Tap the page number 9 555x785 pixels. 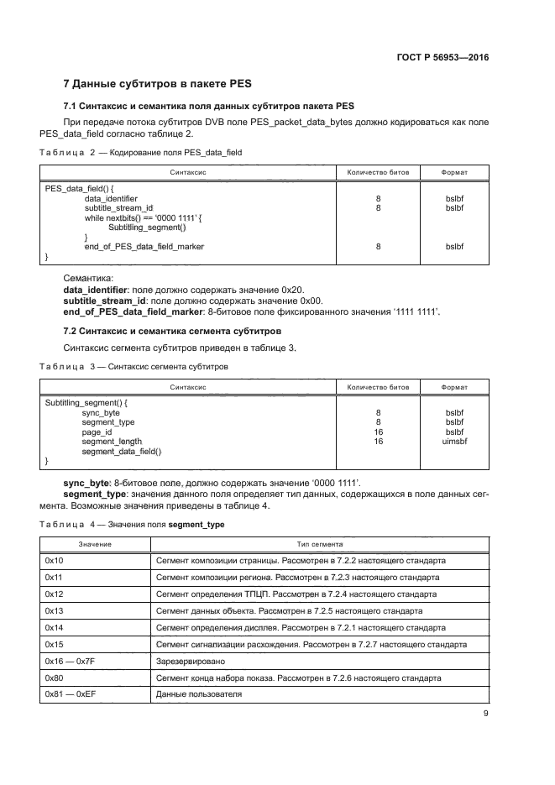(485, 714)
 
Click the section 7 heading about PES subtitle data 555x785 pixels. (158, 84)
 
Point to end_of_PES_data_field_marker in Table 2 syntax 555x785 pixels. (144, 246)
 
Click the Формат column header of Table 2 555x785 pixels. (454, 172)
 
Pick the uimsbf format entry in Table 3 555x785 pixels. (454, 441)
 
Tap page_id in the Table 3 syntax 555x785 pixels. (97, 432)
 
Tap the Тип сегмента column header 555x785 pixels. (318, 543)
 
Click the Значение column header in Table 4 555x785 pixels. (95, 543)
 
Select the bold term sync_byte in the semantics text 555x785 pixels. (92, 483)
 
